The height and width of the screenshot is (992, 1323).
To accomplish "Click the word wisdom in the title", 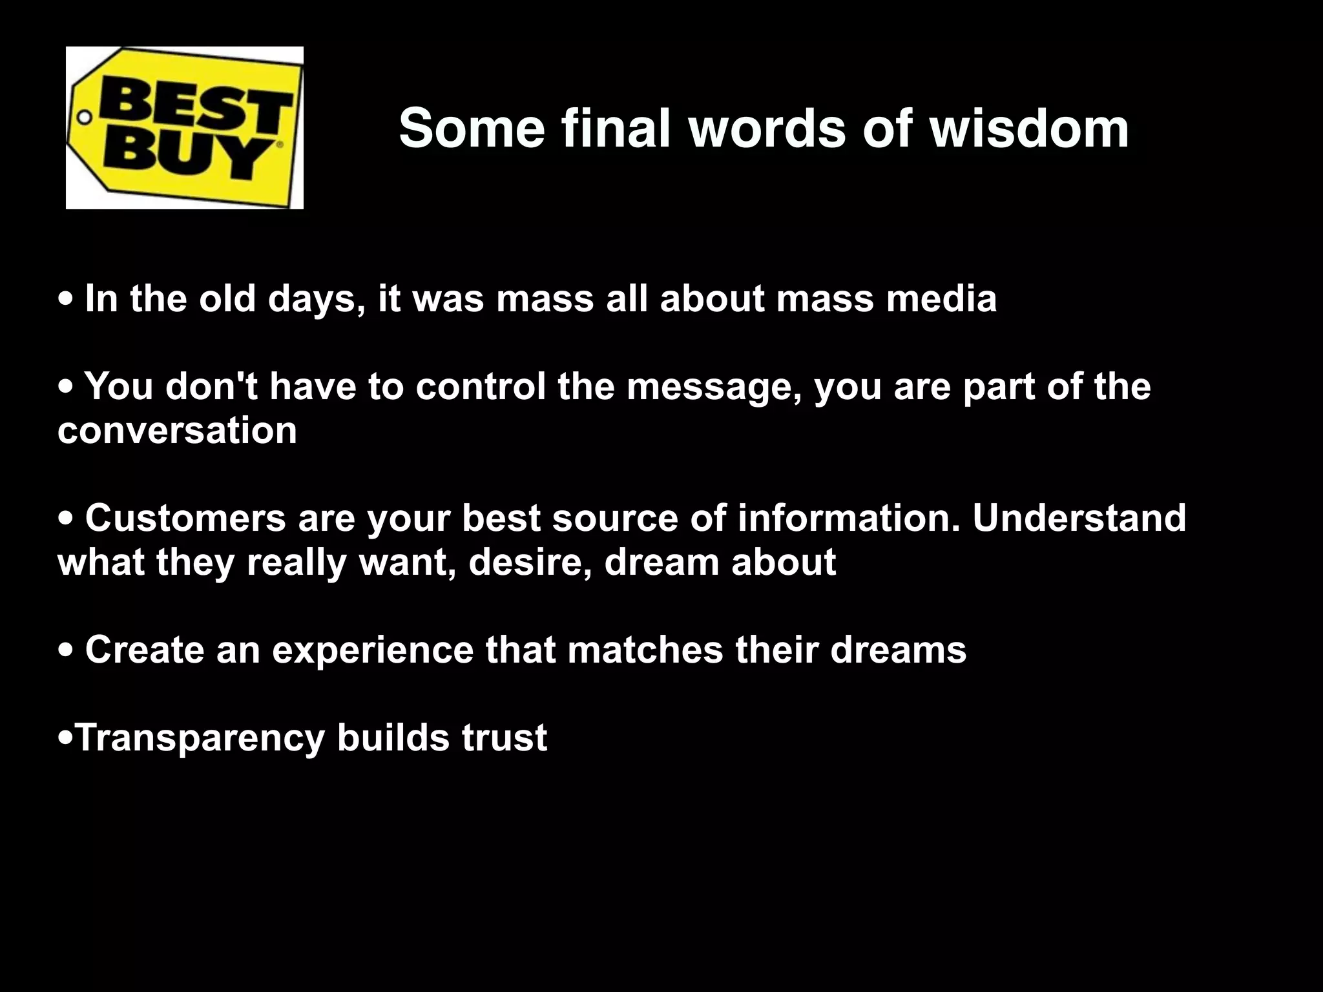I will [1028, 128].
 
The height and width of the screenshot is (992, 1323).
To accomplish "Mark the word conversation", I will [177, 430].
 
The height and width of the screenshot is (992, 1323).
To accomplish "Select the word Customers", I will [185, 518].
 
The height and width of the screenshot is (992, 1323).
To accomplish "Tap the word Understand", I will [1079, 518].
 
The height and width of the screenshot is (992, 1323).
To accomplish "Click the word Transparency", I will [200, 738].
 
